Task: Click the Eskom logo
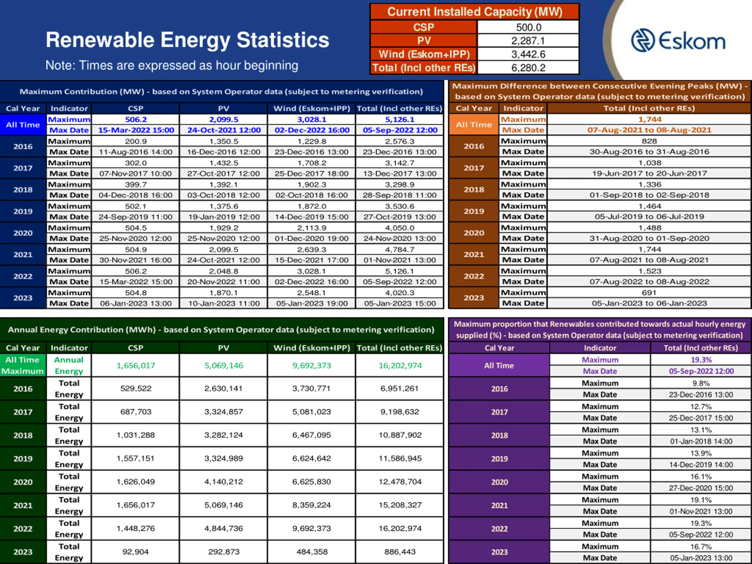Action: click(x=678, y=41)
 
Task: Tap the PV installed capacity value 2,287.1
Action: click(x=528, y=41)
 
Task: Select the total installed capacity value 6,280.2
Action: click(x=528, y=68)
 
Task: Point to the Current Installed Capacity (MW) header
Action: click(x=475, y=12)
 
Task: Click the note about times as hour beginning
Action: click(x=172, y=65)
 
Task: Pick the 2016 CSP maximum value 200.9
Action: click(x=136, y=141)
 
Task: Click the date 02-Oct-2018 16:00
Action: click(x=311, y=195)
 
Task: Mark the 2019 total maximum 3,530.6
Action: click(x=399, y=206)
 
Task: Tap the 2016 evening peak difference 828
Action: click(x=649, y=141)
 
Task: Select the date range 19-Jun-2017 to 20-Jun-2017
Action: click(x=649, y=173)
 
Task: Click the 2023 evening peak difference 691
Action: click(x=649, y=292)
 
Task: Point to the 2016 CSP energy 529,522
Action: click(x=136, y=388)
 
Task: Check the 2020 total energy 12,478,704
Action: click(x=400, y=481)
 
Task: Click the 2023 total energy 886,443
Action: click(x=400, y=551)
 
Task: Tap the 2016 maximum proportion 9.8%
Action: click(x=701, y=383)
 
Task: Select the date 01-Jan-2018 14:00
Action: click(x=701, y=441)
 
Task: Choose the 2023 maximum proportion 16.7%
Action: click(x=701, y=546)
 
